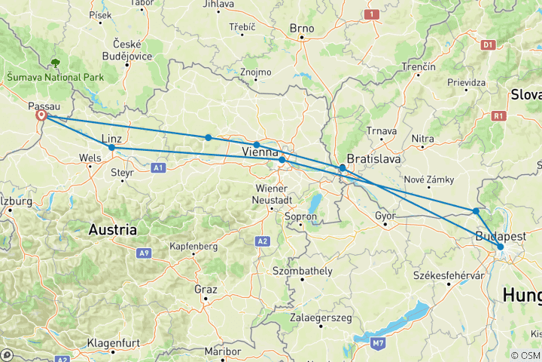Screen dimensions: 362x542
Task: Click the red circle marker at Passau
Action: click(x=43, y=116)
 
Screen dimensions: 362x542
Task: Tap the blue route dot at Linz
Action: click(x=111, y=148)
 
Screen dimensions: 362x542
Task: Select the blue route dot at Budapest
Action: click(x=500, y=247)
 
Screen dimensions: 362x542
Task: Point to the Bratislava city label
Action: click(x=371, y=160)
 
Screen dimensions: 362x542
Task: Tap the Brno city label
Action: click(x=301, y=29)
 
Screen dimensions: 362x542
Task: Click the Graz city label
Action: click(x=205, y=289)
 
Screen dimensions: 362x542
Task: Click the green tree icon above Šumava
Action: click(x=56, y=63)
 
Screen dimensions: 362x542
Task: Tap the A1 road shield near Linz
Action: click(x=158, y=167)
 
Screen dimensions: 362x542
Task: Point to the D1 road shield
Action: click(x=487, y=45)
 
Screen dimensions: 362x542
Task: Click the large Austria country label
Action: click(x=112, y=229)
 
